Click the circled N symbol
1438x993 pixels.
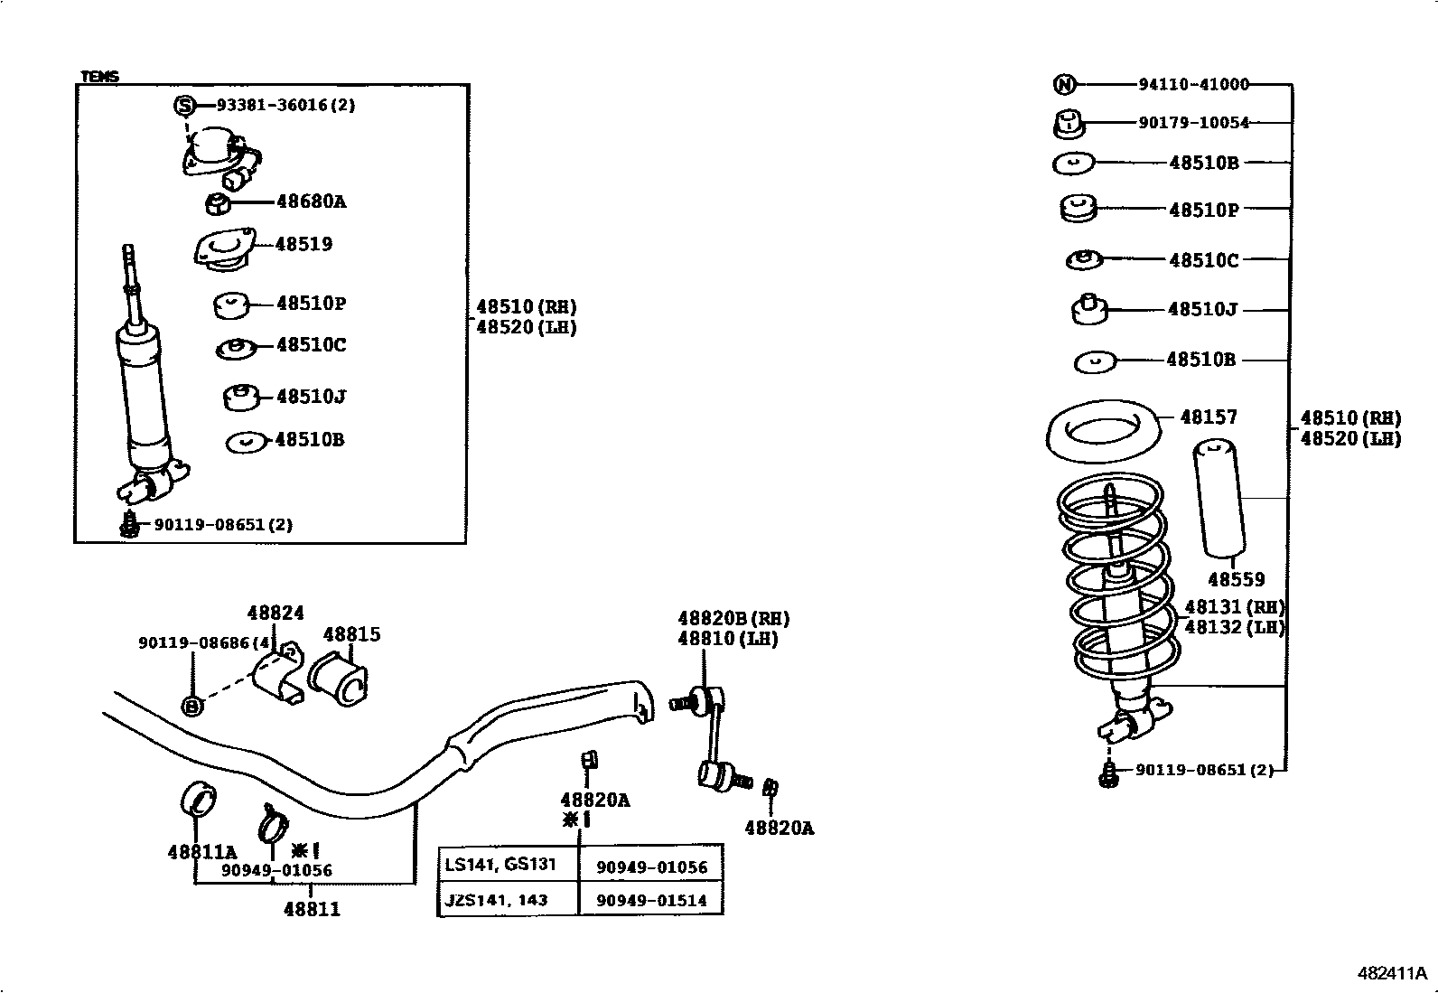click(x=1065, y=85)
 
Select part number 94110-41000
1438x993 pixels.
click(x=1193, y=85)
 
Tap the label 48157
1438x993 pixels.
click(x=1209, y=417)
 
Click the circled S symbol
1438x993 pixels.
click(x=184, y=106)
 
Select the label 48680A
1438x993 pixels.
click(x=311, y=201)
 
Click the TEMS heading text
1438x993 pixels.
click(x=99, y=77)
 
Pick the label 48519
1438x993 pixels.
click(x=303, y=244)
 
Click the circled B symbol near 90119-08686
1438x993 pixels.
click(x=191, y=707)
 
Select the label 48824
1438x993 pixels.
click(x=275, y=614)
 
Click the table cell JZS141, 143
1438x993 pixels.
click(x=496, y=900)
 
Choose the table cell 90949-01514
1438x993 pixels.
click(x=651, y=900)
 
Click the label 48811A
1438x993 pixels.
click(x=201, y=851)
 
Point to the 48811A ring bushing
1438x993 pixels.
click(x=199, y=795)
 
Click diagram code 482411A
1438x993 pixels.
click(x=1392, y=974)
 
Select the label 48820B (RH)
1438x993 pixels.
click(x=733, y=619)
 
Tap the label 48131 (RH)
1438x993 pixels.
click(x=1234, y=607)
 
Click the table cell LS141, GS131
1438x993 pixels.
click(x=500, y=865)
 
